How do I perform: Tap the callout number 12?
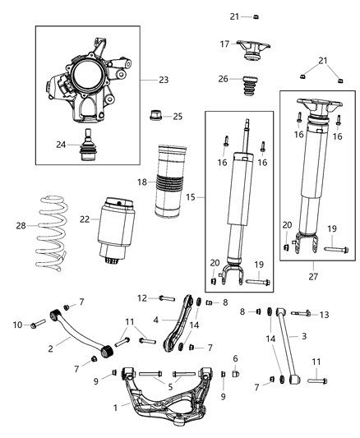click(x=141, y=297)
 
